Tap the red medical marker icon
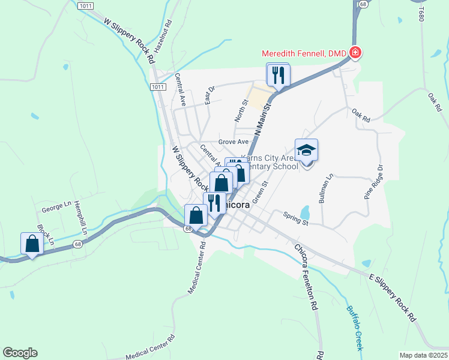pyautogui.click(x=355, y=53)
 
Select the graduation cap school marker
pyautogui.click(x=306, y=151)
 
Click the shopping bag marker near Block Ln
pyautogui.click(x=32, y=244)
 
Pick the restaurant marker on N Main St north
pyautogui.click(x=279, y=75)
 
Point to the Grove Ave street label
pyautogui.click(x=234, y=142)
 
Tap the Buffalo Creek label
pyautogui.click(x=355, y=329)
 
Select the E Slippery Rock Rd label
pyautogui.click(x=393, y=298)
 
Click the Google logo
pyautogui.click(x=20, y=353)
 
